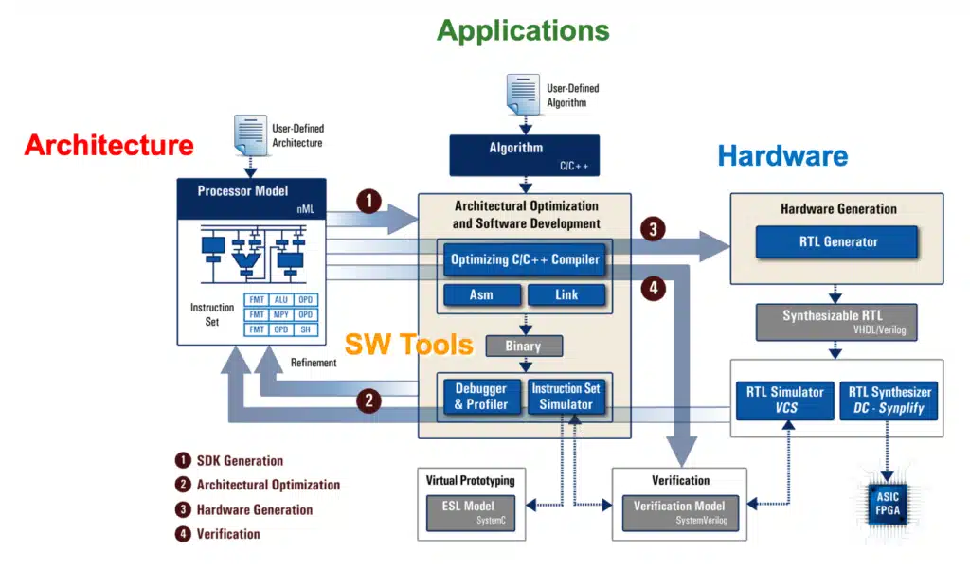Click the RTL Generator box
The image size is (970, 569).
pyautogui.click(x=836, y=241)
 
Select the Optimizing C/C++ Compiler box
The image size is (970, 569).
pyautogui.click(x=525, y=259)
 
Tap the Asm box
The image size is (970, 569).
pyautogui.click(x=482, y=295)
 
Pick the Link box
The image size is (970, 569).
pyautogui.click(x=566, y=295)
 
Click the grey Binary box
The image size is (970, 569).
pyautogui.click(x=524, y=346)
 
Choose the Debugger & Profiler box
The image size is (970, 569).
pyautogui.click(x=481, y=397)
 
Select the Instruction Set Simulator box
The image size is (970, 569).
pyautogui.click(x=566, y=397)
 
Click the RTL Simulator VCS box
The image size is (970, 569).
pyautogui.click(x=785, y=400)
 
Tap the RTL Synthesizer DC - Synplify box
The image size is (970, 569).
pyautogui.click(x=889, y=400)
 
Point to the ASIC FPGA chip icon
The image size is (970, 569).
pyautogui.click(x=888, y=504)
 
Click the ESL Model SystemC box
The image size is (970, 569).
pyautogui.click(x=470, y=513)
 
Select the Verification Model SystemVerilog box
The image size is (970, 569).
pyautogui.click(x=680, y=513)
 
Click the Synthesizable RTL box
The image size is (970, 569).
pyautogui.click(x=836, y=322)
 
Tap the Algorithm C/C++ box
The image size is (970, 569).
pyautogui.click(x=525, y=155)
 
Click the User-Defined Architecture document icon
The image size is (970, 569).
pyautogui.click(x=250, y=134)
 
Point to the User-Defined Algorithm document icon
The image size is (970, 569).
pyautogui.click(x=523, y=95)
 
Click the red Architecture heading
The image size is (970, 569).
pyautogui.click(x=109, y=146)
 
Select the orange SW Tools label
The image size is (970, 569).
pyautogui.click(x=409, y=344)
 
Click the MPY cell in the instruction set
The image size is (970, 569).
pyautogui.click(x=280, y=315)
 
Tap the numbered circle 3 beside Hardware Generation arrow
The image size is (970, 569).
pyautogui.click(x=653, y=229)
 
